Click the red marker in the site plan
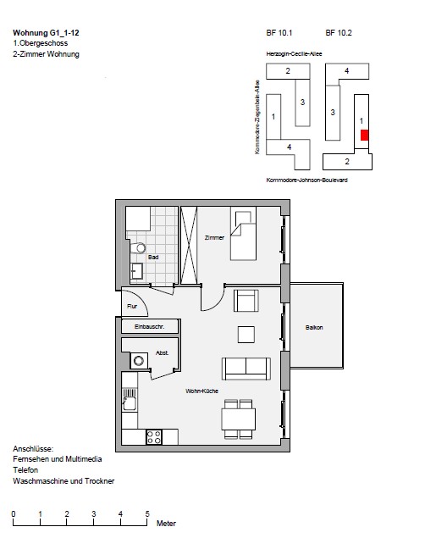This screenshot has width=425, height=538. tap(364, 135)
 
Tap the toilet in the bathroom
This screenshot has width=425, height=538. tap(138, 247)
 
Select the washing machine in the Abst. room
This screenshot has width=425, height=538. tap(139, 361)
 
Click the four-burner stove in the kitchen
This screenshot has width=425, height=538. tap(154, 437)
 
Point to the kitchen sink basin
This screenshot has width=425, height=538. tap(130, 403)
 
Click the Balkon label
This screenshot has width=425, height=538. tap(314, 327)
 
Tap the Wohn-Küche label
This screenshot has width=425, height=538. tap(201, 391)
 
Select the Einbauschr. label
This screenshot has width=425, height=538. tap(150, 327)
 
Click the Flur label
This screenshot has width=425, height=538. tap(132, 306)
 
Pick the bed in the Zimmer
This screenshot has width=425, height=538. tap(243, 233)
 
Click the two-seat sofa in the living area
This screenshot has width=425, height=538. tap(246, 369)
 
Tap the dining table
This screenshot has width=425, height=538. tap(238, 419)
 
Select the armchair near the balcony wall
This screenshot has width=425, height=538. tap(246, 301)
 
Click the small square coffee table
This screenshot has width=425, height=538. tap(246, 335)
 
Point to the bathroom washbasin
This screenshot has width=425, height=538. tap(137, 271)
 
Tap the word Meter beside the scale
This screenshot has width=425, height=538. tap(166, 524)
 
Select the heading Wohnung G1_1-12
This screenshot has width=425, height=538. tap(46, 33)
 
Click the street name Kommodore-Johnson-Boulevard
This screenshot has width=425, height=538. tap(306, 180)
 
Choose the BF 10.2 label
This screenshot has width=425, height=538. tap(339, 33)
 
